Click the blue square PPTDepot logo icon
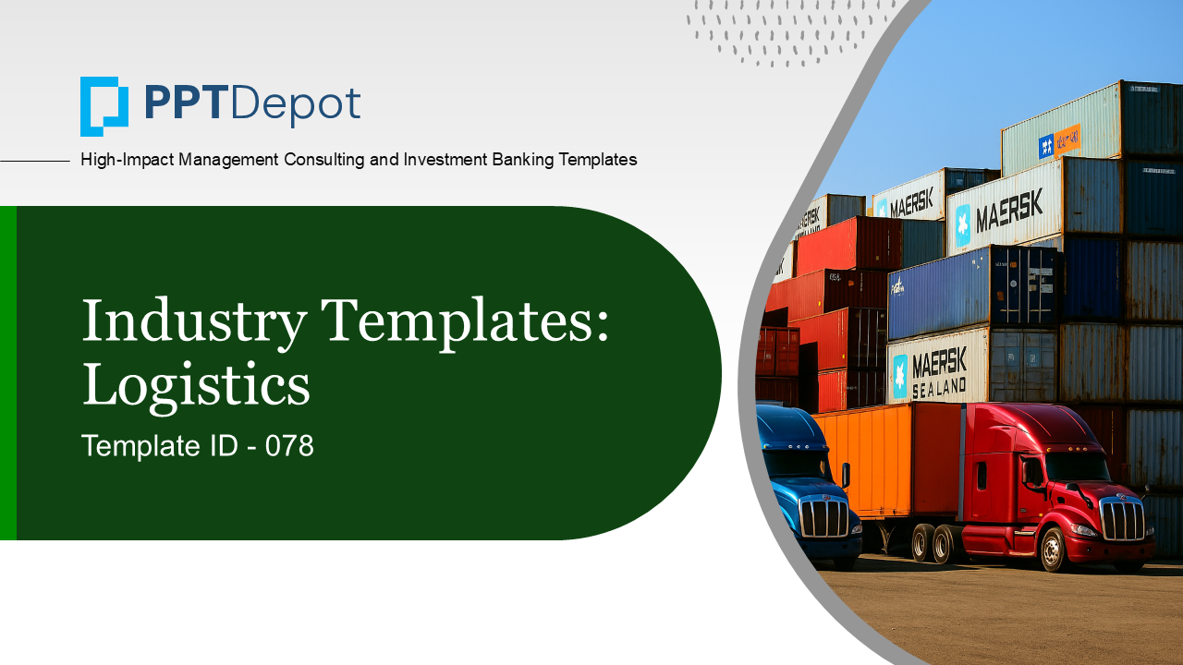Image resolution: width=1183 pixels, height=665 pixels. coord(104,106)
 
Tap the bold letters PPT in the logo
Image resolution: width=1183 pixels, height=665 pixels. coord(186,103)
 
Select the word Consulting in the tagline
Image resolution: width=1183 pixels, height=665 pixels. coord(323,160)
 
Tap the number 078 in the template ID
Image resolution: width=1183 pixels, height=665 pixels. coord(289,446)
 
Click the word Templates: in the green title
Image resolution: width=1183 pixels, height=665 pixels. coord(465,320)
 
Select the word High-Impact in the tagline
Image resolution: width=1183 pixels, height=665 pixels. coord(127,160)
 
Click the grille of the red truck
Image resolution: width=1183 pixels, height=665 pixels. coord(1122,519)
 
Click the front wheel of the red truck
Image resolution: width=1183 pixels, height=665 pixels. coord(1054,550)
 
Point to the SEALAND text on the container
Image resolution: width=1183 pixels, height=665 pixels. coord(939,389)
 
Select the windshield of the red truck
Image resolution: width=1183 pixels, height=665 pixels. coord(1078,467)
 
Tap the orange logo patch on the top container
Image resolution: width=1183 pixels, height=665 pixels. coord(1067,139)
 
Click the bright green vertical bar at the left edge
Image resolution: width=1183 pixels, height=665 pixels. coord(8,372)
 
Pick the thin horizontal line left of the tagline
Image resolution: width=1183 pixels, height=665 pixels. coord(35,161)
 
